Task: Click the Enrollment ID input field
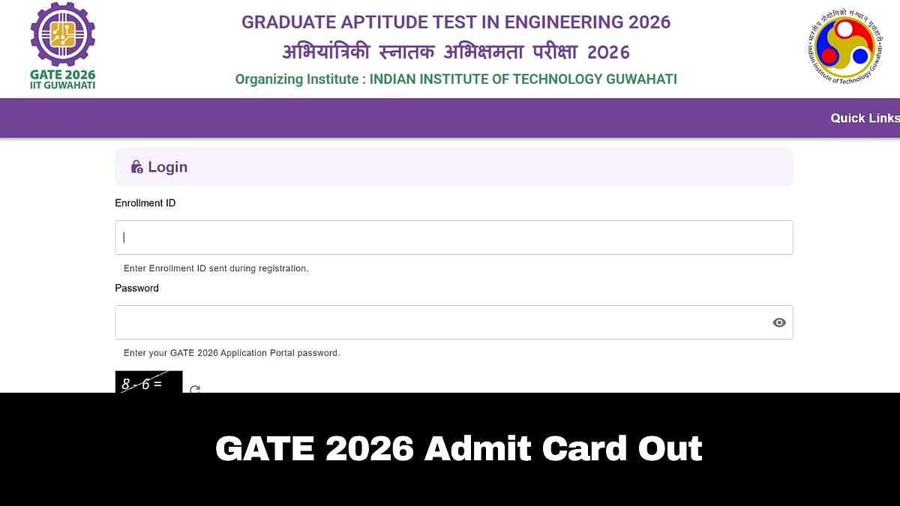pos(454,238)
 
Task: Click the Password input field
pos(442,322)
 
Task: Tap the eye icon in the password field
pos(779,322)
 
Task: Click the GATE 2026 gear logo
pos(62,34)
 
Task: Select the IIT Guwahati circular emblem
pos(844,48)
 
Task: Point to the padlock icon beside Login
pos(136,167)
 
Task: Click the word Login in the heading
pos(168,167)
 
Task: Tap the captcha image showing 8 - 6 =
pos(148,382)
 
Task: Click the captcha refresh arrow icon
pos(195,389)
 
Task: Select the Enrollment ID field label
pos(145,203)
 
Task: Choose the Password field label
pos(136,288)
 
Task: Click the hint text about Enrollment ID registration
pos(216,268)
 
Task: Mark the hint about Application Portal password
pos(232,353)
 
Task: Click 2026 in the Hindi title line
pos(608,52)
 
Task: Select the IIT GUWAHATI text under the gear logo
pos(62,85)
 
